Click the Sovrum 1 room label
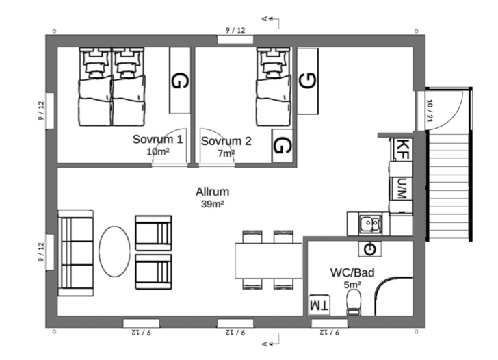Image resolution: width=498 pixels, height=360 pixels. pyautogui.click(x=157, y=139)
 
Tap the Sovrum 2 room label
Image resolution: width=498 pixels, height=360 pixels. pyautogui.click(x=226, y=141)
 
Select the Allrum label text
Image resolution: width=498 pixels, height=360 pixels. pyautogui.click(x=212, y=192)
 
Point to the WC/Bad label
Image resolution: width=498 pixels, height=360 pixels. pyautogui.click(x=352, y=272)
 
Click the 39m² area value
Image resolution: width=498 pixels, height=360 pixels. pyautogui.click(x=212, y=204)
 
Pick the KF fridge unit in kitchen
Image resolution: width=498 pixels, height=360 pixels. pyautogui.click(x=402, y=149)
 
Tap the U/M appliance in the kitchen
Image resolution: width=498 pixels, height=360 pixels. pyautogui.click(x=402, y=188)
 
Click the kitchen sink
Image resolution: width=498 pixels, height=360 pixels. pyautogui.click(x=370, y=224)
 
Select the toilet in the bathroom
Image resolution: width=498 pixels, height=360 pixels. pyautogui.click(x=354, y=302)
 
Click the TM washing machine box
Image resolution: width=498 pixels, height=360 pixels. pyautogui.click(x=319, y=305)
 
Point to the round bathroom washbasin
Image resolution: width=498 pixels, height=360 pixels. pyautogui.click(x=369, y=249)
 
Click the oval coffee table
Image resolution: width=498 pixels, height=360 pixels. pyautogui.click(x=114, y=251)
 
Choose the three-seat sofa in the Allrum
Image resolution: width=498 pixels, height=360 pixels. pyautogui.click(x=75, y=253)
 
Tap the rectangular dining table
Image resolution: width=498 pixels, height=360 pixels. pyautogui.click(x=269, y=261)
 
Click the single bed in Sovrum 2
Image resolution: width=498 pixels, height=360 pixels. pyautogui.click(x=274, y=87)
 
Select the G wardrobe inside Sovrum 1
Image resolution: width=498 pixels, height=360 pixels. pyautogui.click(x=180, y=80)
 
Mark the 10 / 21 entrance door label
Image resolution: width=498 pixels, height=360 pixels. pyautogui.click(x=430, y=111)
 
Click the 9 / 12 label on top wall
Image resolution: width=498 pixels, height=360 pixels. pyautogui.click(x=235, y=31)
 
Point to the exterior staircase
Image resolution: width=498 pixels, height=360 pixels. pyautogui.click(x=449, y=186)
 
